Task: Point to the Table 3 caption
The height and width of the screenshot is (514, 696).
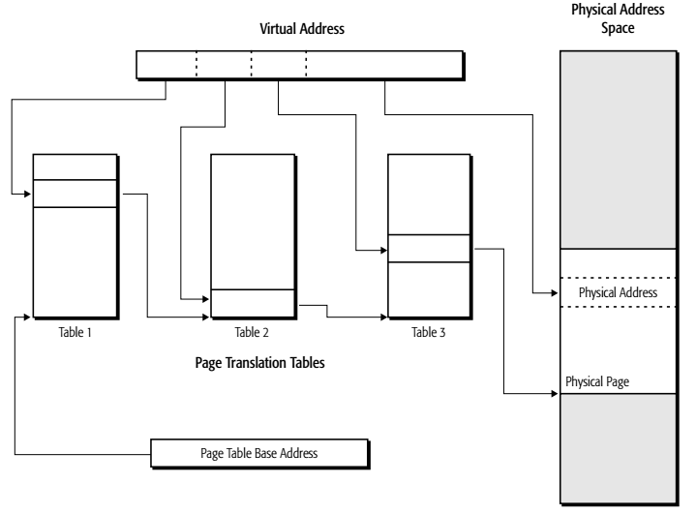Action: point(429,331)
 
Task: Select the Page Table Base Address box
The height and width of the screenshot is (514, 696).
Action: point(259,451)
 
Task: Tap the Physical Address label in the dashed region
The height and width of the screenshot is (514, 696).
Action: point(618,291)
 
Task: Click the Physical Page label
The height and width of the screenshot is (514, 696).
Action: point(597,381)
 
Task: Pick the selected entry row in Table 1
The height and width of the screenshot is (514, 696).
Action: point(76,194)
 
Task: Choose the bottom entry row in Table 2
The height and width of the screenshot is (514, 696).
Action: point(252,303)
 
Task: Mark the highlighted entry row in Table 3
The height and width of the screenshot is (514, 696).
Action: point(429,249)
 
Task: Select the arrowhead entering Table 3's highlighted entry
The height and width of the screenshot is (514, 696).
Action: point(381,251)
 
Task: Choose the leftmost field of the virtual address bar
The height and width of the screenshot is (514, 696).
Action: point(166,65)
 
